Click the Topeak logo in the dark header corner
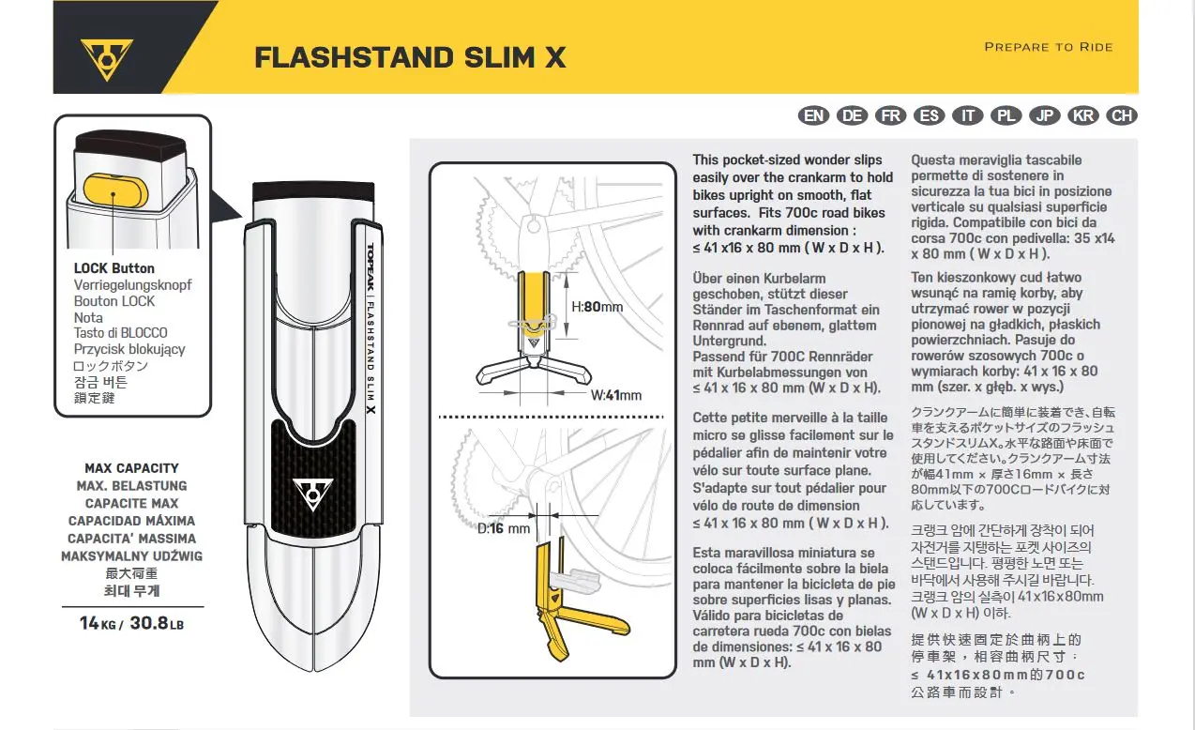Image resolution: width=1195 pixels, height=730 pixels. [x=106, y=57]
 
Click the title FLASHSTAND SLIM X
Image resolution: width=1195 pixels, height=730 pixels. [x=410, y=57]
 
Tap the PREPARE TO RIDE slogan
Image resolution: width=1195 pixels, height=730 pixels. [x=1048, y=47]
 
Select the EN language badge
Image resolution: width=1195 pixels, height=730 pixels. [x=814, y=115]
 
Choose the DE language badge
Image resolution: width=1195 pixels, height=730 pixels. [x=853, y=115]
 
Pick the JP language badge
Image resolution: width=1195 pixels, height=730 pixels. [x=1044, y=115]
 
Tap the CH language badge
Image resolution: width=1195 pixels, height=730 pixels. [x=1121, y=115]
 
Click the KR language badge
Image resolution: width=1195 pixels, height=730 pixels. [x=1083, y=115]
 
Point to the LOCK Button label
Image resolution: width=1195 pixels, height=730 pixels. [x=114, y=268]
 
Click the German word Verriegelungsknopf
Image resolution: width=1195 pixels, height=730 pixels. [x=127, y=284]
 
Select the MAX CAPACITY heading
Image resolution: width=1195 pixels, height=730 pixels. [x=131, y=468]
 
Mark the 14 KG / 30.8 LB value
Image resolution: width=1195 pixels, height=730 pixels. [x=131, y=622]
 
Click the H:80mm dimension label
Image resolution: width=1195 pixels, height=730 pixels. [x=597, y=307]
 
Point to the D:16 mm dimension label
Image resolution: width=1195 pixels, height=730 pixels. [x=504, y=528]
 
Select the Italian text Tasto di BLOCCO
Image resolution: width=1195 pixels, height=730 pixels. [x=121, y=333]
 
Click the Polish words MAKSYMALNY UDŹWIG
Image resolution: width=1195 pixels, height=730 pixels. [x=131, y=556]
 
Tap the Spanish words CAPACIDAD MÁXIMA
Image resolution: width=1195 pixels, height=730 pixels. [x=131, y=521]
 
